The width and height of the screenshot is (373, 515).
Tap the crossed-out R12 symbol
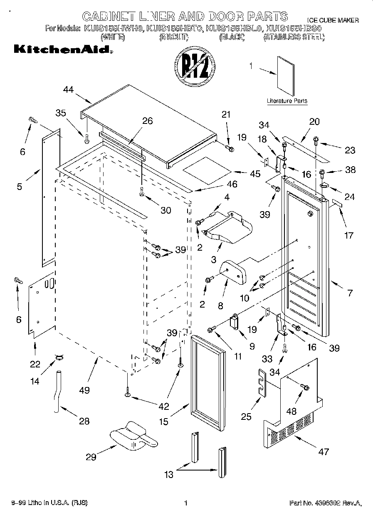194,66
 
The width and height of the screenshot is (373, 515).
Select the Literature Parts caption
287,101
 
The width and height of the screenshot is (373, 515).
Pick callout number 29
91,457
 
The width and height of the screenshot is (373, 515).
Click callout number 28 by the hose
84,421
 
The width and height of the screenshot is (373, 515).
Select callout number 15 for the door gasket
163,421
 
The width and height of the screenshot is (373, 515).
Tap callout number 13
169,475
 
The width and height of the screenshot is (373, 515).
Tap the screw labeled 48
306,387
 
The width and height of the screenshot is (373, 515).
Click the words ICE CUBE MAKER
332,20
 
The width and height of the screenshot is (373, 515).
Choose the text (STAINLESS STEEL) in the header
294,37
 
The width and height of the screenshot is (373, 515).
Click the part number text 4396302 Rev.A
325,503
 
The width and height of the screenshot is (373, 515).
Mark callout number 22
35,365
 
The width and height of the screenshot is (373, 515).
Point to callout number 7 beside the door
349,293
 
